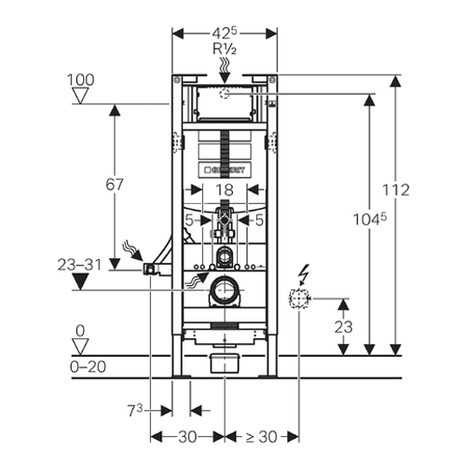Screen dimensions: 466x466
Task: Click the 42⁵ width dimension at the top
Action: (225, 33)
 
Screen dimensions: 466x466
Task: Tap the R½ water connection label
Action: (225, 49)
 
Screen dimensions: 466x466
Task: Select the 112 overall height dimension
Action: (395, 190)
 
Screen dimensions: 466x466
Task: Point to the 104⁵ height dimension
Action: (370, 220)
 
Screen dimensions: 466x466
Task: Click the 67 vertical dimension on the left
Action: (115, 185)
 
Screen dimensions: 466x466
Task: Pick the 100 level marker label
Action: (81, 80)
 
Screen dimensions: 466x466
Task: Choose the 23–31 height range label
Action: (79, 265)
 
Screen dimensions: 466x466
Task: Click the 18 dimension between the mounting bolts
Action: (225, 190)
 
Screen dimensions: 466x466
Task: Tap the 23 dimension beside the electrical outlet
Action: (343, 327)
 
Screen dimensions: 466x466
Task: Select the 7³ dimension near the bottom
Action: (134, 411)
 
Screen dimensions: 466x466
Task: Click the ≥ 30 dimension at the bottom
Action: (261, 437)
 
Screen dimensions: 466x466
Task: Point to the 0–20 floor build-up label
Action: (88, 367)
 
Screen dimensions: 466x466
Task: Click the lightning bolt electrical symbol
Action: (304, 274)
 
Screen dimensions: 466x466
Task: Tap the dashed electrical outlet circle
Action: (299, 298)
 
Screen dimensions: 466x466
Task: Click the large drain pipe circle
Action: (224, 290)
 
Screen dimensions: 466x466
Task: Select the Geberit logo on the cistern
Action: (225, 170)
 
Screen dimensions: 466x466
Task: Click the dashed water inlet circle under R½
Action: (225, 93)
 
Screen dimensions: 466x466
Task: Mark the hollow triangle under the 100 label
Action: (80, 95)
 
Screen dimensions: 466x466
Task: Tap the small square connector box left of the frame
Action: (149, 269)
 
